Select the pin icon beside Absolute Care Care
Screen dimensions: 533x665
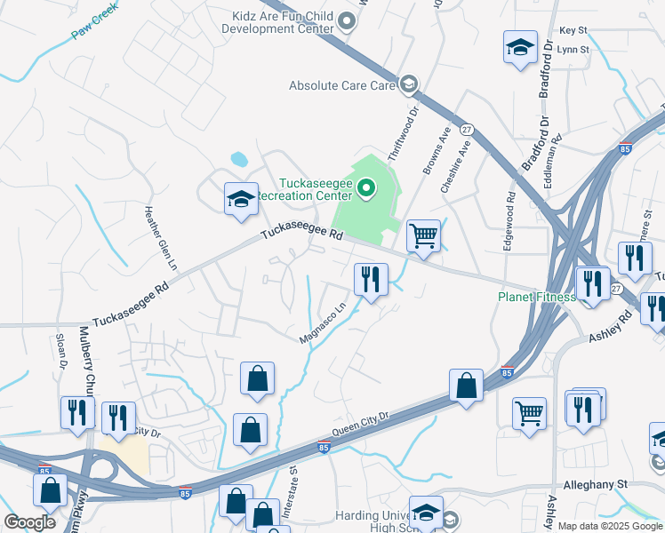click(x=409, y=85)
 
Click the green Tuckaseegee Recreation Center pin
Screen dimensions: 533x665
click(x=365, y=187)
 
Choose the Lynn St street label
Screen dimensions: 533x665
click(x=573, y=50)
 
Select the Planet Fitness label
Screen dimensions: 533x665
click(x=535, y=297)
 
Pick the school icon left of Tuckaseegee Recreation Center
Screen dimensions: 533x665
click(x=241, y=199)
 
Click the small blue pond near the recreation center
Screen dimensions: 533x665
click(x=239, y=160)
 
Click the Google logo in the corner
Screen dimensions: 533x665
click(x=30, y=522)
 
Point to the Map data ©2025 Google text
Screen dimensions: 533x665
click(x=609, y=526)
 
